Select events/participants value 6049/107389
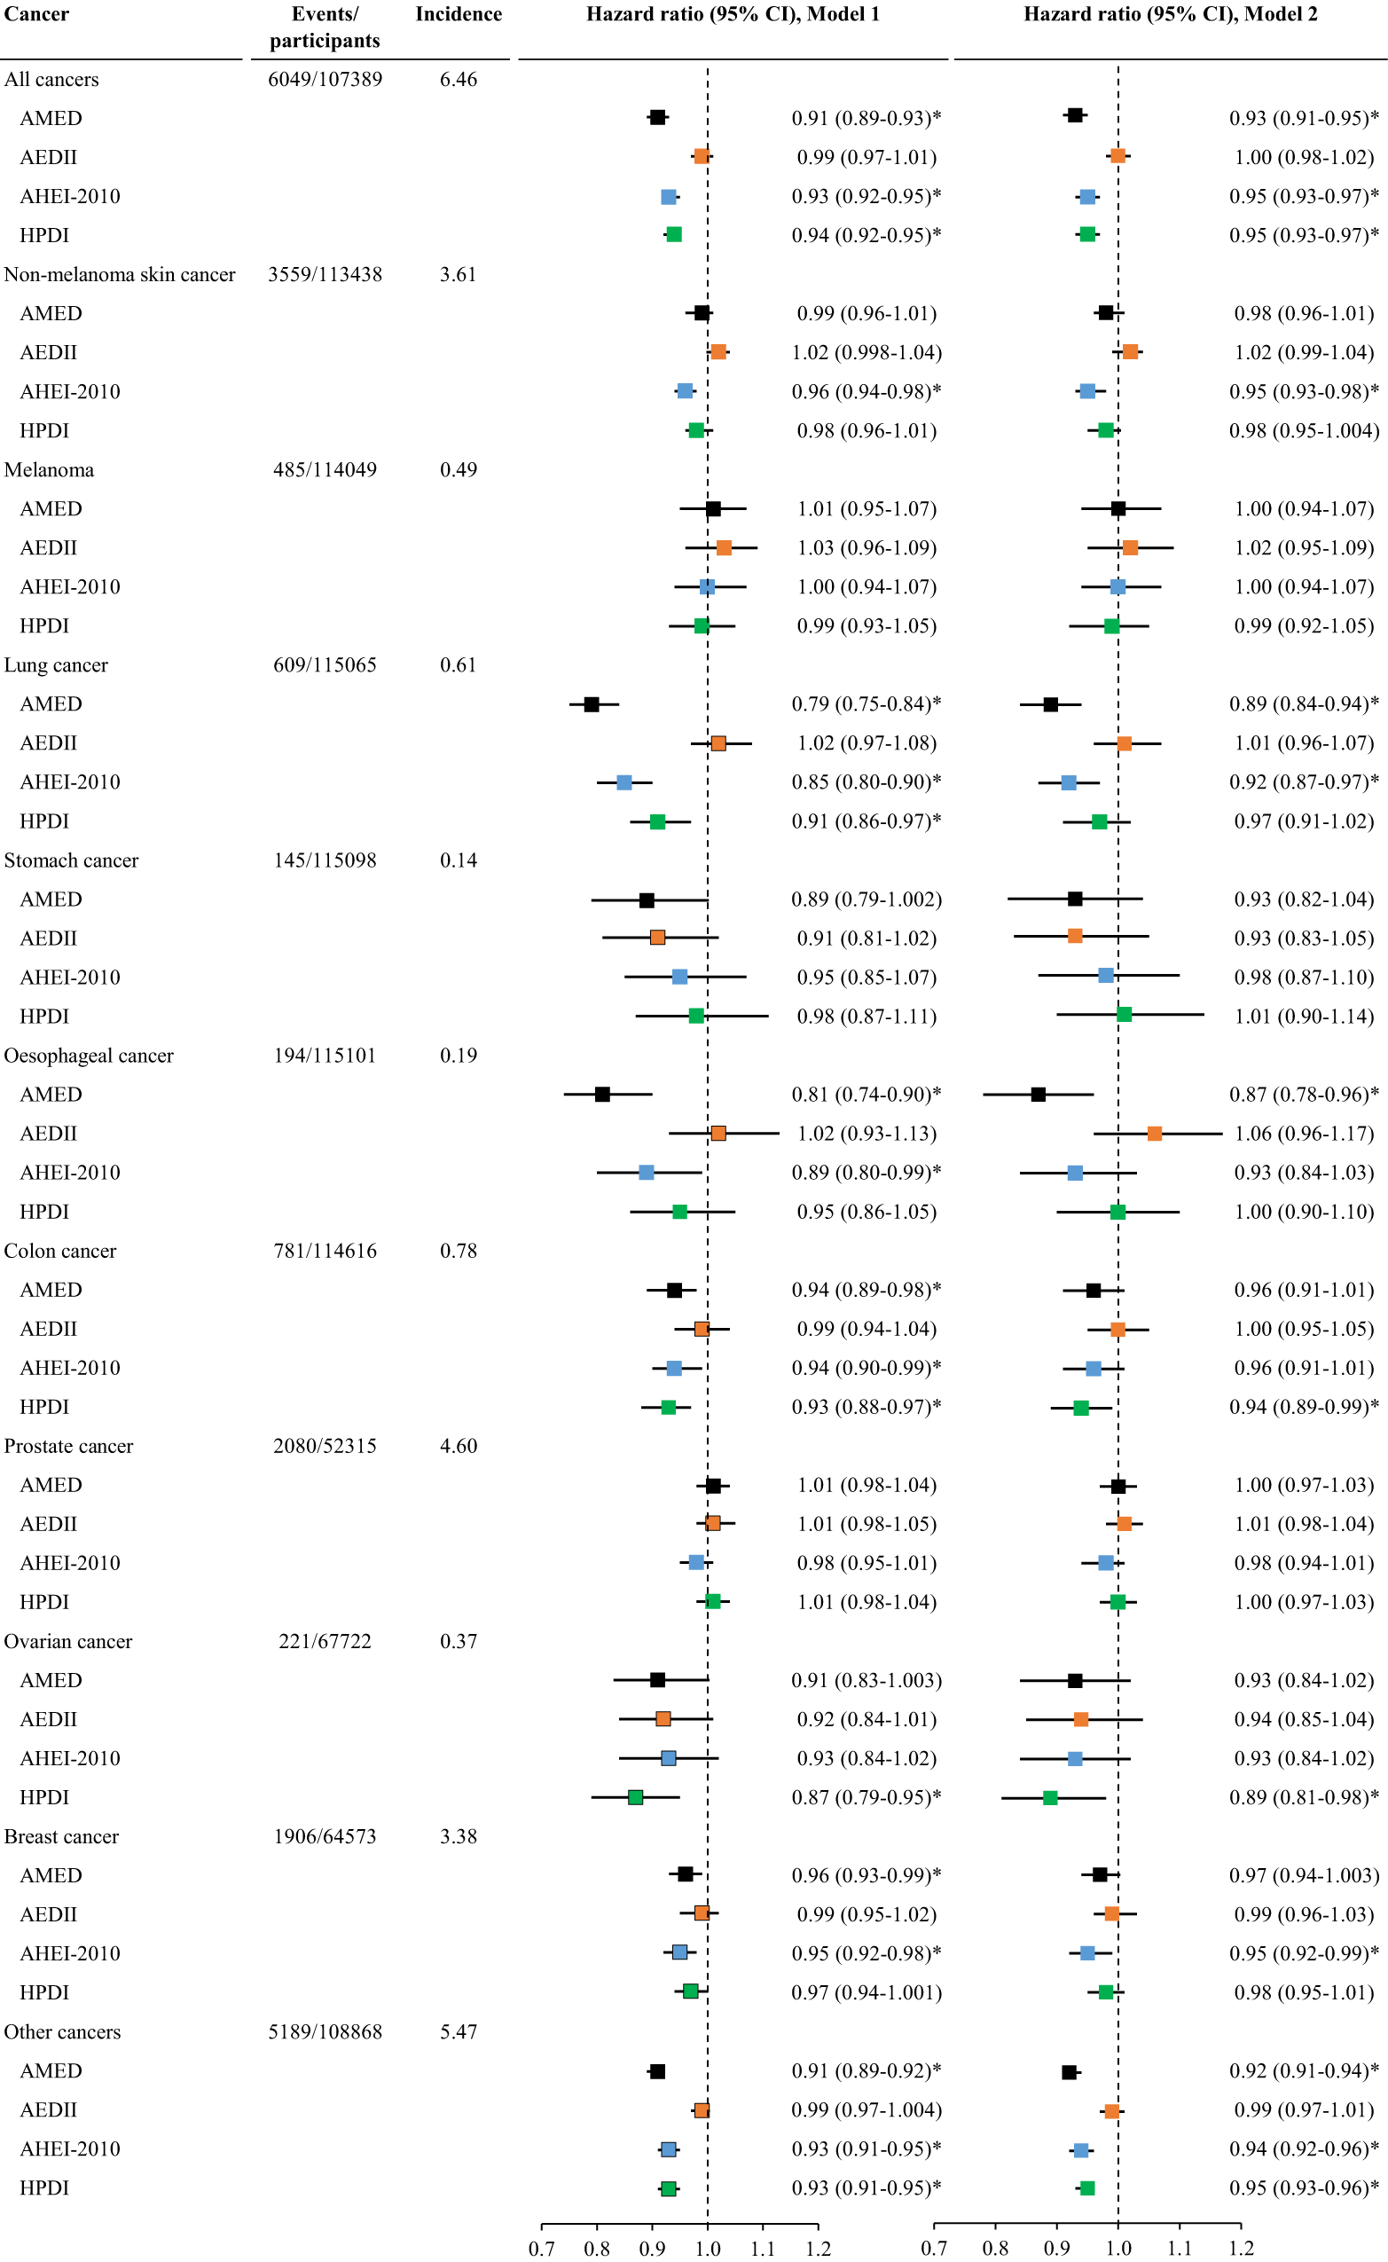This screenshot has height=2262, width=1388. click(325, 80)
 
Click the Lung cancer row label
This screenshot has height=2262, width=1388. click(56, 665)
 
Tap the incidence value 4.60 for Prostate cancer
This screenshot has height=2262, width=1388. click(458, 1447)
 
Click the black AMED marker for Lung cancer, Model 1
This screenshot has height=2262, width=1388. click(592, 705)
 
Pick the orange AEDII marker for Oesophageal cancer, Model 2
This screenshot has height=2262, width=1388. click(1154, 1134)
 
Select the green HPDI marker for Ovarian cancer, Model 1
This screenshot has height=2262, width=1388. click(635, 1797)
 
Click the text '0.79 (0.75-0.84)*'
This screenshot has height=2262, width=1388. click(866, 704)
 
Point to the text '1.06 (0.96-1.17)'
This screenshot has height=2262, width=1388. click(1304, 1134)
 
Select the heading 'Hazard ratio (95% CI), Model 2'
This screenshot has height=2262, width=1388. click(1171, 15)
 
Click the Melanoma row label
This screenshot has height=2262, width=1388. click(49, 470)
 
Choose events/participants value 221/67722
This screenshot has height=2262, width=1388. click(325, 1641)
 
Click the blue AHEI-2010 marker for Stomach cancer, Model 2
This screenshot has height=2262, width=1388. click(1106, 976)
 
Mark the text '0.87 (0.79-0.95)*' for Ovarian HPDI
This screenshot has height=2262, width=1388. click(866, 1797)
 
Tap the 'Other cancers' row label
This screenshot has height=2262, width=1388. click(62, 2031)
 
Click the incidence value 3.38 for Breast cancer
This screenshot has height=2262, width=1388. click(458, 1837)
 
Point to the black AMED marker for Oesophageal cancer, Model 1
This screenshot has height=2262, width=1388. click(602, 1095)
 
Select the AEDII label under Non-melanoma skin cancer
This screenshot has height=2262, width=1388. click(49, 352)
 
